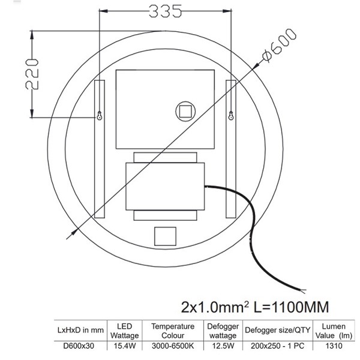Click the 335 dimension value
(x=166, y=11)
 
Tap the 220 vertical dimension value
(x=32, y=74)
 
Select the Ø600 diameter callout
(x=280, y=45)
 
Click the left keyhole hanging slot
(x=100, y=115)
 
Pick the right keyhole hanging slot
(x=231, y=115)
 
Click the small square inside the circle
(x=185, y=112)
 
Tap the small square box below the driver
(x=166, y=236)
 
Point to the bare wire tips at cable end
(x=303, y=291)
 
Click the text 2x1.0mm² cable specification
(x=215, y=307)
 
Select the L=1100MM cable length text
(x=291, y=307)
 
